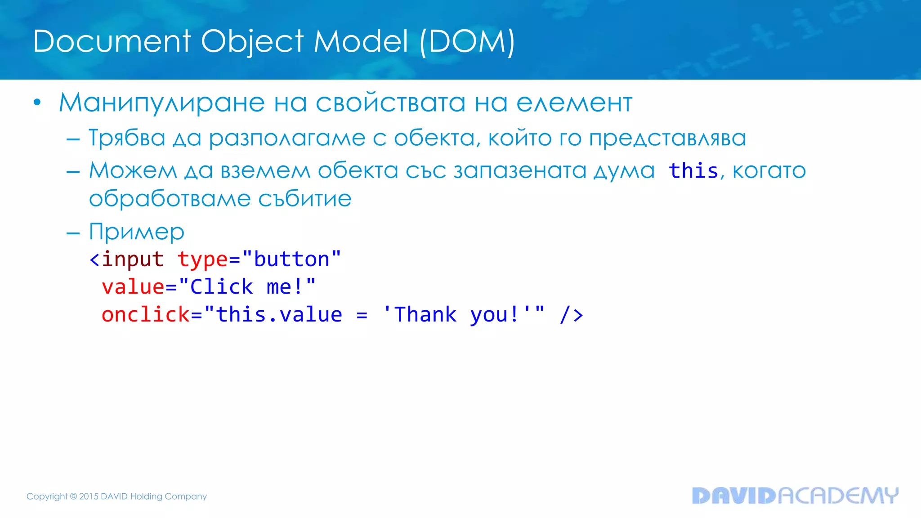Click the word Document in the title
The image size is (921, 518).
112,41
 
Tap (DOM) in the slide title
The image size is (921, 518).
467,41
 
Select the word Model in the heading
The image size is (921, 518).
361,41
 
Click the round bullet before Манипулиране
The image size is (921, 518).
37,103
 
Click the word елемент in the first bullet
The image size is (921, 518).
574,103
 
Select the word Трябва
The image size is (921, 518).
127,138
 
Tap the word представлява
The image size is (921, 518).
667,138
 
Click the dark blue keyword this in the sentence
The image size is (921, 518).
693,171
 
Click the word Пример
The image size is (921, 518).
137,232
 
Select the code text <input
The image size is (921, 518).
126,259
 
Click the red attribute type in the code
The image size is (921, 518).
202,259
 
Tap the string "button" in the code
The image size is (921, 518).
291,259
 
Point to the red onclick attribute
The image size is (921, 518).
146,314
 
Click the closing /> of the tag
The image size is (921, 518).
571,314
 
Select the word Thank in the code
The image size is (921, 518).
425,314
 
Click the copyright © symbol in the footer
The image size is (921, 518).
73,496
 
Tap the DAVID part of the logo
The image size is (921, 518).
734,496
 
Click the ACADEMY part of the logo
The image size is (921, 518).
837,496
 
